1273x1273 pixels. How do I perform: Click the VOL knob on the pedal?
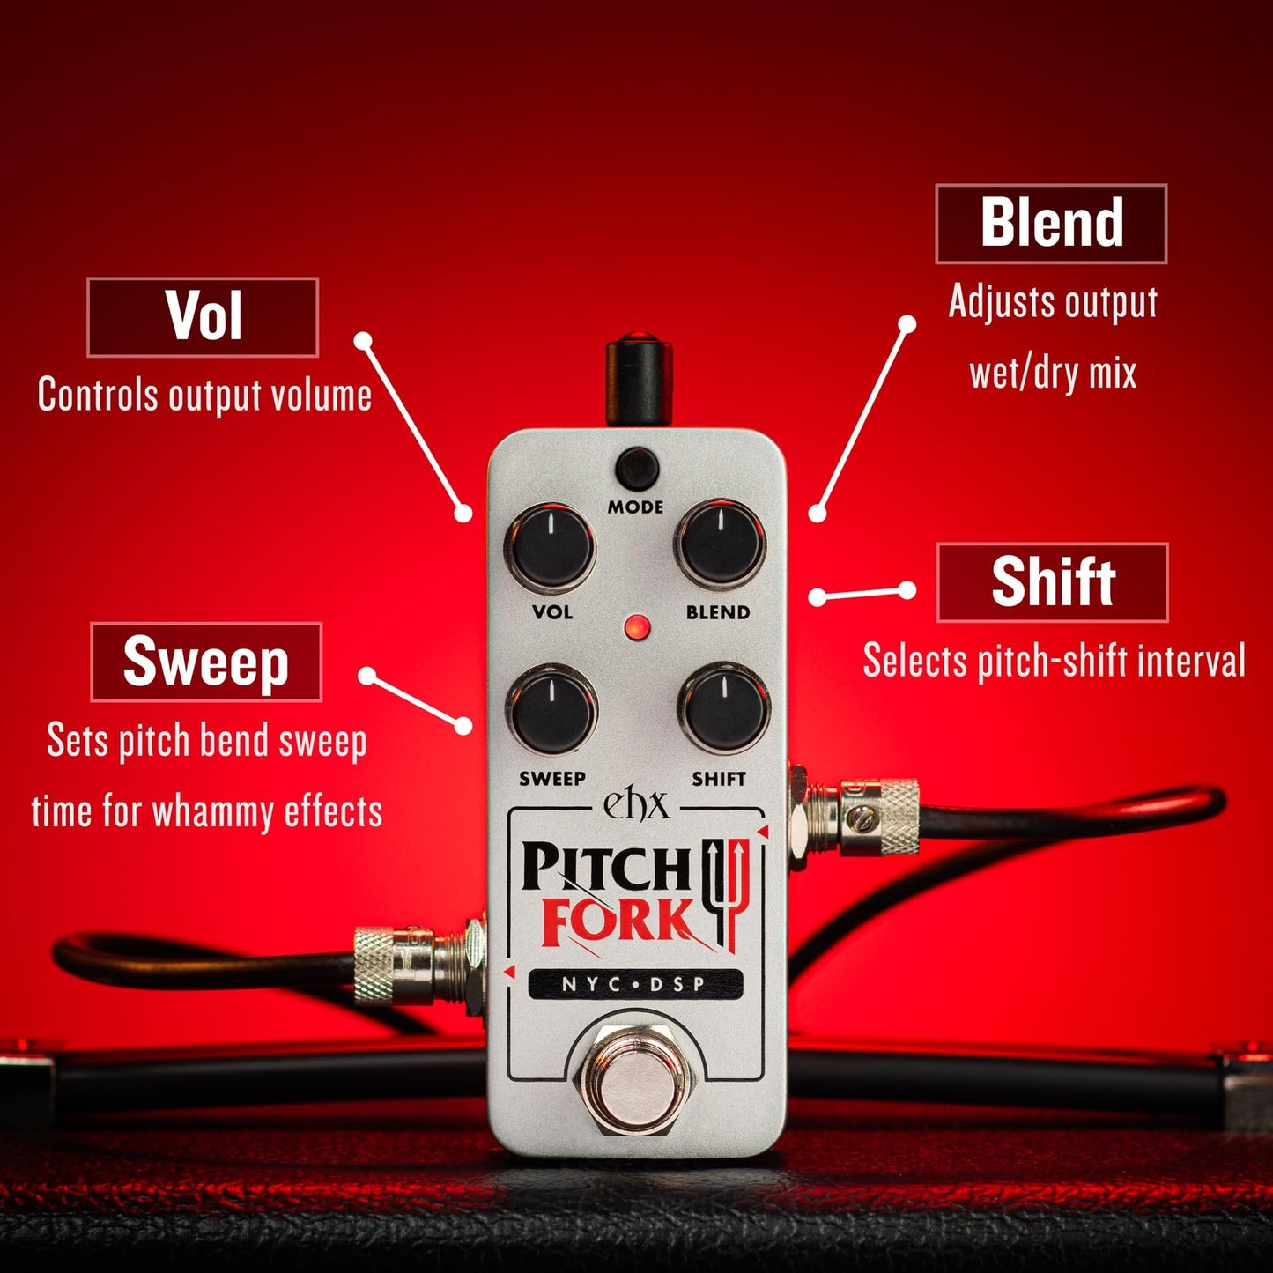(549, 547)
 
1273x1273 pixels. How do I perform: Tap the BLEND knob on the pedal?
(720, 544)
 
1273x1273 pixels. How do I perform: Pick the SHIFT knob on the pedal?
(724, 710)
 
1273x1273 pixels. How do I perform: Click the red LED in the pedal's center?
(636, 628)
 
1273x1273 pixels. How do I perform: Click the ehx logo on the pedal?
(635, 803)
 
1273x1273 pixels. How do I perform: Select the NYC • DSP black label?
(634, 984)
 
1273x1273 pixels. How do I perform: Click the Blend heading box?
(1051, 224)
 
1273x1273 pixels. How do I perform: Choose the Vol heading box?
(203, 317)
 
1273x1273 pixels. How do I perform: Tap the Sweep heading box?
(206, 662)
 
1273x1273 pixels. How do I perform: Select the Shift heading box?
(1053, 582)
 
